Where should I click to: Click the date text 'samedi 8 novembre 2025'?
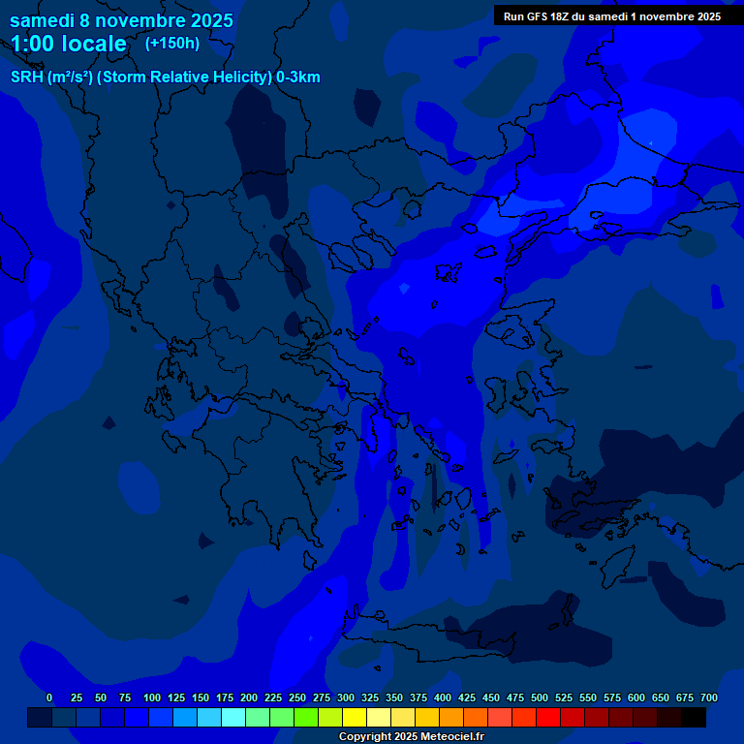[121, 20]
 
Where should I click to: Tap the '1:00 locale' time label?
[68, 44]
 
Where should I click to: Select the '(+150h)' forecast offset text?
[172, 43]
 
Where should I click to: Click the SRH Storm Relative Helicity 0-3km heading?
[165, 77]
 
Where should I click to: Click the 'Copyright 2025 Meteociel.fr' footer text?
[412, 736]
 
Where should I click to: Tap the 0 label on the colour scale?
[49, 697]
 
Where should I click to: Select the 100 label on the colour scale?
[152, 697]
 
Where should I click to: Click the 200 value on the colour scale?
[249, 697]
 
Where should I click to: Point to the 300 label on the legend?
[346, 697]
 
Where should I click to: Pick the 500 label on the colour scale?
[540, 697]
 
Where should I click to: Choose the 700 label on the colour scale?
[709, 697]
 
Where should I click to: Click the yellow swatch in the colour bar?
[355, 717]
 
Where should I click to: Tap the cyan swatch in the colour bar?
[233, 717]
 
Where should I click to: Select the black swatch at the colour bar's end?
[694, 717]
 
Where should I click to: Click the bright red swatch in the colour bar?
[548, 717]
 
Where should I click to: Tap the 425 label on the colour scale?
[467, 697]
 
